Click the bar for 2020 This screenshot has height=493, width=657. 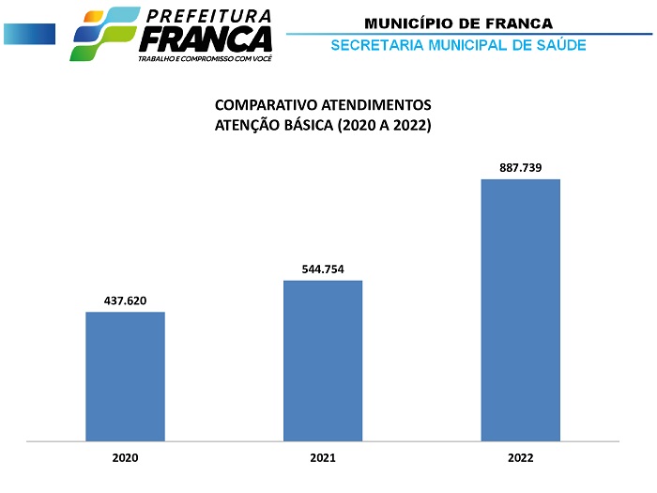click(x=125, y=376)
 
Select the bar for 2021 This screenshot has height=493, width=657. click(x=323, y=361)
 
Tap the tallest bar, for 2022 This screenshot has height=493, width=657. click(x=521, y=310)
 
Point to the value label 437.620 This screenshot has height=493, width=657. click(x=125, y=300)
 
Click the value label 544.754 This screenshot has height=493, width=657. click(x=323, y=269)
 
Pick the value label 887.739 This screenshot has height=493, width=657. click(x=521, y=167)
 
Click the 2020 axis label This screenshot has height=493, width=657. click(x=125, y=458)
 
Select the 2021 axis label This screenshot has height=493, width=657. click(x=323, y=458)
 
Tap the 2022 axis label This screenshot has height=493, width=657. click(x=521, y=458)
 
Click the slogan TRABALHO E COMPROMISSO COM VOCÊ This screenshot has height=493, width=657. click(x=204, y=58)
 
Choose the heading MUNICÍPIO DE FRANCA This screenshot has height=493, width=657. click(x=458, y=23)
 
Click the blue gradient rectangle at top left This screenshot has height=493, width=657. click(x=29, y=34)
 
